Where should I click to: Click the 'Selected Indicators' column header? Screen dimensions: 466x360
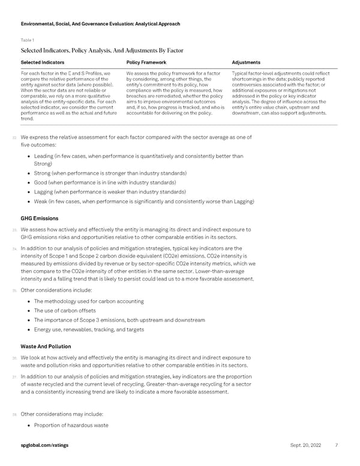point(44,62)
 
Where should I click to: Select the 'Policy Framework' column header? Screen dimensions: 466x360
point(149,62)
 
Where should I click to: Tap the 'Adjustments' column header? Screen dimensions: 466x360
point(246,62)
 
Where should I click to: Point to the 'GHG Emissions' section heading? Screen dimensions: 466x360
point(40,218)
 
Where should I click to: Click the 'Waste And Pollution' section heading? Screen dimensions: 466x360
point(46,346)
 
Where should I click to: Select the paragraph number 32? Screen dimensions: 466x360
point(14,138)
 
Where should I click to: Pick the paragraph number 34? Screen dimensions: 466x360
point(14,247)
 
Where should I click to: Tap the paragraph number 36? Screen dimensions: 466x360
point(14,357)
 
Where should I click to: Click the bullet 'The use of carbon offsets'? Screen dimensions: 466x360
point(73,310)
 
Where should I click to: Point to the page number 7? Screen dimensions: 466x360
point(337,446)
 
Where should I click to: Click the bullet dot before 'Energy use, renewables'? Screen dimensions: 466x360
point(29,329)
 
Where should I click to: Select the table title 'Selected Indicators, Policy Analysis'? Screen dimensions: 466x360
point(101,50)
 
